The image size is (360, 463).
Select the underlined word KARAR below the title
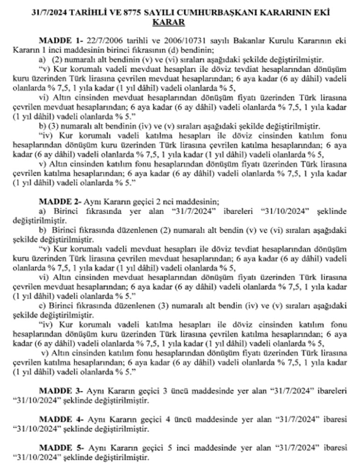click(x=180, y=23)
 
